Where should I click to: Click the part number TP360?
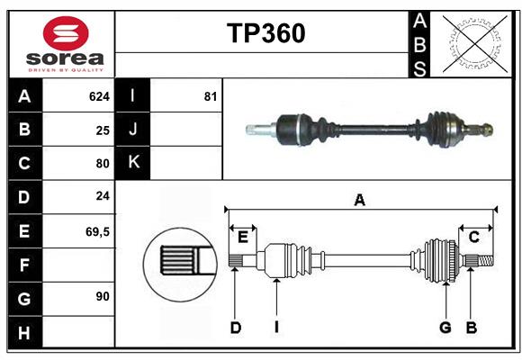265,33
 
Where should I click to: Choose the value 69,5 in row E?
97,231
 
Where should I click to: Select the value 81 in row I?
211,96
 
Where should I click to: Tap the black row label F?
24,265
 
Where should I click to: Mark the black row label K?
133,163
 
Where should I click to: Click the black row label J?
133,130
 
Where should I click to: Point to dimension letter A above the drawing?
359,201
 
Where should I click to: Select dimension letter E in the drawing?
243,237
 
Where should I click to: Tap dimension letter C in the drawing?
473,237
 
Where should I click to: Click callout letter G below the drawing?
445,328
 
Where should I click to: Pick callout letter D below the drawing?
236,328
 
